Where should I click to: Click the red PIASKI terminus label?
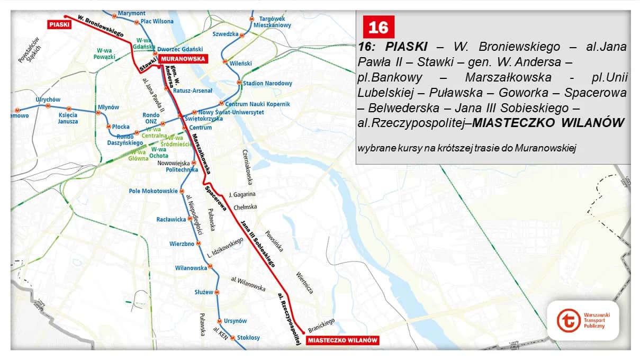click(58, 24)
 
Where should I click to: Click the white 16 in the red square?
click(378, 27)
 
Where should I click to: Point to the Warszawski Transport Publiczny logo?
click(583, 321)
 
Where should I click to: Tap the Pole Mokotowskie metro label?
click(153, 191)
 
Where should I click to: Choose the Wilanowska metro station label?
click(191, 268)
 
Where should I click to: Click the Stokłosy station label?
click(248, 337)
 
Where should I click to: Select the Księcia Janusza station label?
click(68, 118)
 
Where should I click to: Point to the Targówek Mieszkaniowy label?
click(272, 22)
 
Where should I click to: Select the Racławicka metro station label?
click(171, 219)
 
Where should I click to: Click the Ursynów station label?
click(235, 321)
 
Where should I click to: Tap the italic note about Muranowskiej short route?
click(466, 148)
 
